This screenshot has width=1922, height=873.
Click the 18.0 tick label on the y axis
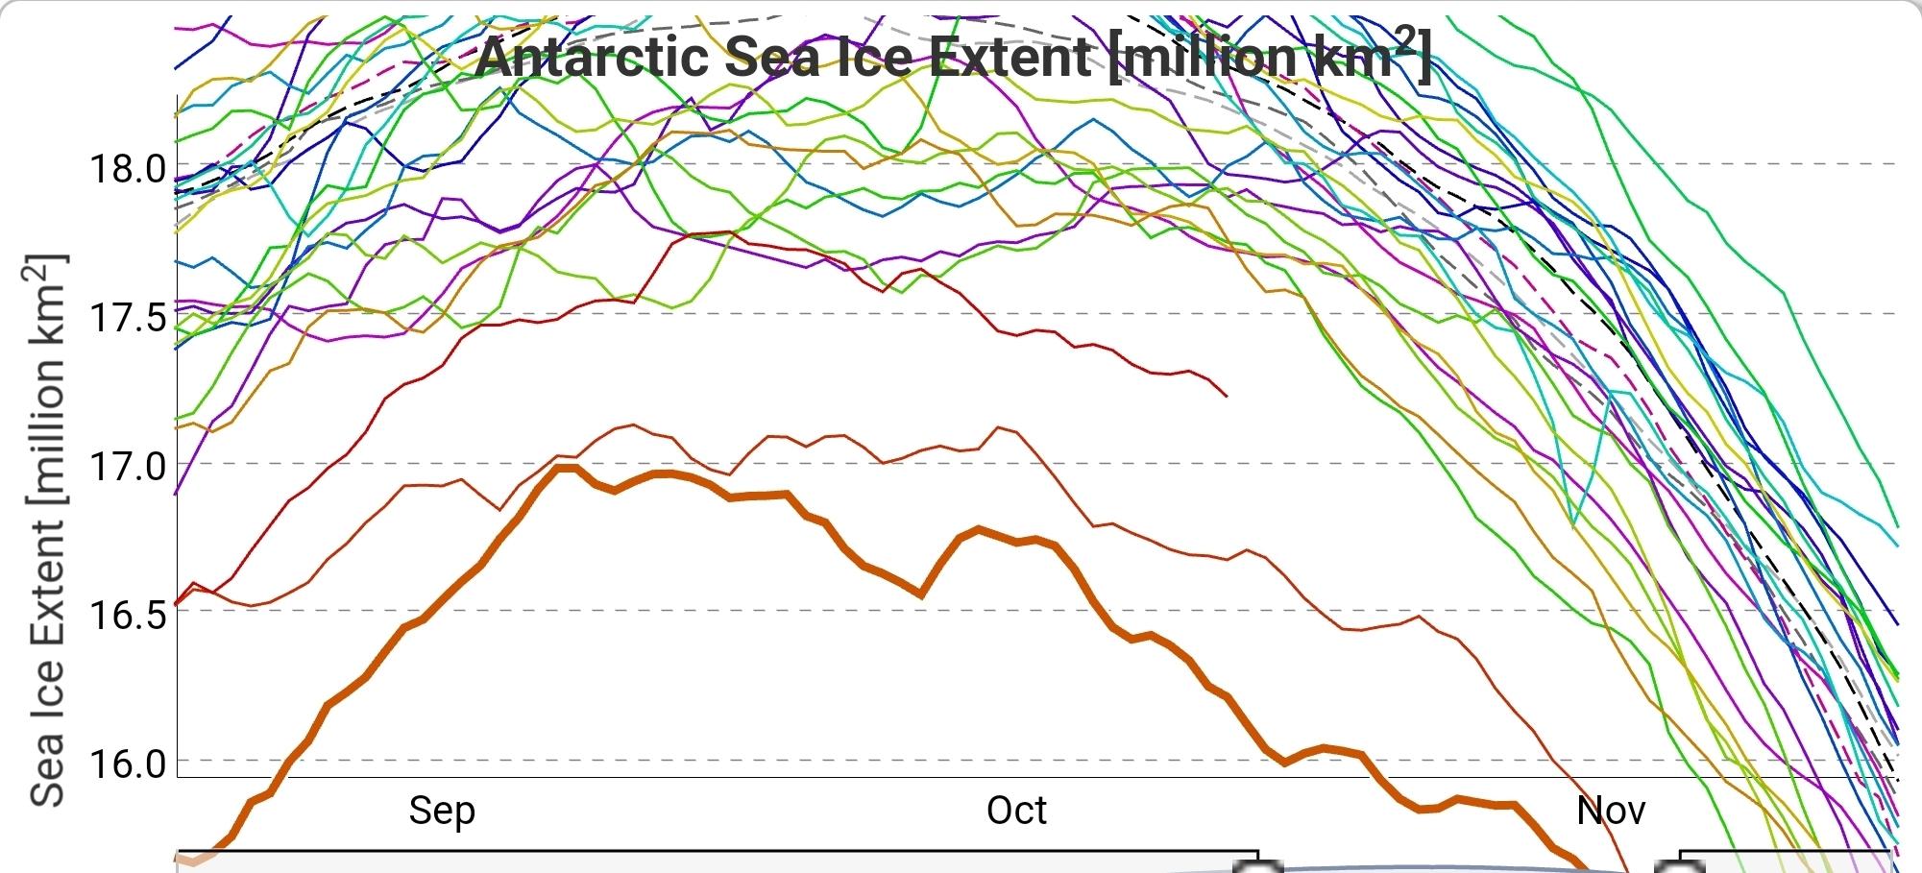128,169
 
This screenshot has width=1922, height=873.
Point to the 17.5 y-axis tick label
128,317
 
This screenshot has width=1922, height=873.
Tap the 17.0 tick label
128,467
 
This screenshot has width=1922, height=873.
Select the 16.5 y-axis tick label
128,615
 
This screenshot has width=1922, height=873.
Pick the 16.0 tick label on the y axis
128,764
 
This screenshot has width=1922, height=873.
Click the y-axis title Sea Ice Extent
48,531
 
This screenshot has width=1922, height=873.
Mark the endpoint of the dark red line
1227,396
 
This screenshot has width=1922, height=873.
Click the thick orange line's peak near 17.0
567,467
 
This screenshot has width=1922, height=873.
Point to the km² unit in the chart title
1366,56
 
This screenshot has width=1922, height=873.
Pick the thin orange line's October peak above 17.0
999,427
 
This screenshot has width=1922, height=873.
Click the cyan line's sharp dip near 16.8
1572,524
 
